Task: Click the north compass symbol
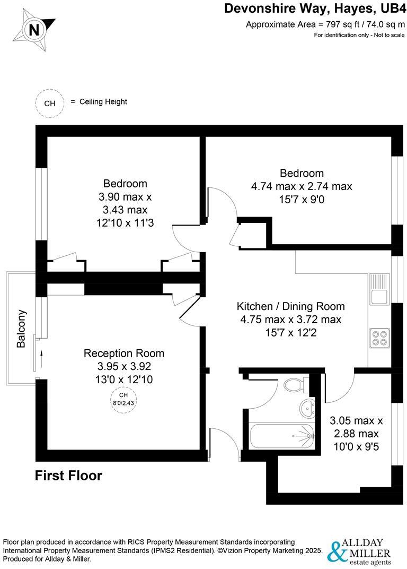point(34,29)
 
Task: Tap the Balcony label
point(21,329)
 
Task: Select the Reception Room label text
point(124,353)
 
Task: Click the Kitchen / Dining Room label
point(290,306)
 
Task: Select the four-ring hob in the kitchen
point(379,338)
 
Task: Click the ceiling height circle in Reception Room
point(123,398)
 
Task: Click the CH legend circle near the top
point(49,103)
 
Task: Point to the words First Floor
point(68,476)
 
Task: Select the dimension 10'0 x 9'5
point(356,446)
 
